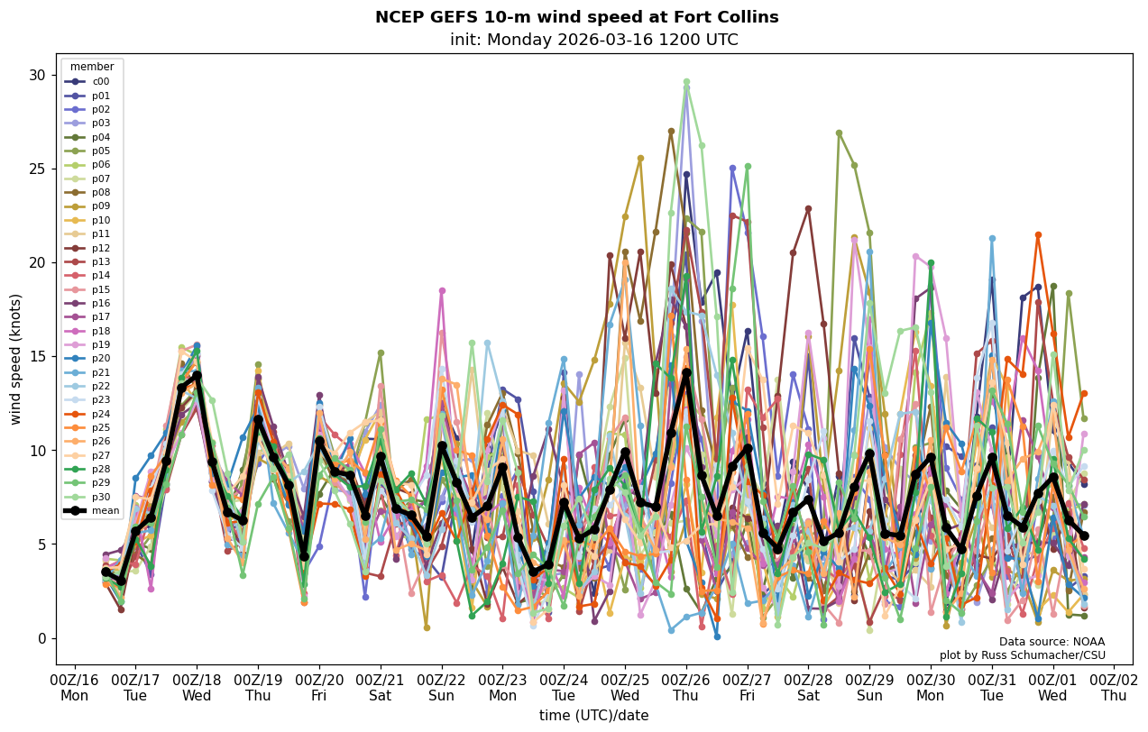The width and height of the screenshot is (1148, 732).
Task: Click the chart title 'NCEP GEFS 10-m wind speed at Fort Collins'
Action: [x=576, y=17]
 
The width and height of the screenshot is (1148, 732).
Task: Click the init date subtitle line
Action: [x=593, y=40]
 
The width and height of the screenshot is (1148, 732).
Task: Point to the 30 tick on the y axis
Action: [x=39, y=75]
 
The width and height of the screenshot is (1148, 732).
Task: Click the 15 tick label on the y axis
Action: [x=39, y=357]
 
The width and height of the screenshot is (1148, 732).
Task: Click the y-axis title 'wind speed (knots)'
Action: [x=16, y=358]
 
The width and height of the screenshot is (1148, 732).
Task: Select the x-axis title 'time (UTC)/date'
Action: [x=593, y=716]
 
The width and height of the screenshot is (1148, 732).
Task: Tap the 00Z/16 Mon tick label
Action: [x=75, y=688]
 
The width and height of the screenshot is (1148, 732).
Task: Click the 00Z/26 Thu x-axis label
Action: [x=686, y=688]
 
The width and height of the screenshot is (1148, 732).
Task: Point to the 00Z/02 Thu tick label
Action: [x=1114, y=688]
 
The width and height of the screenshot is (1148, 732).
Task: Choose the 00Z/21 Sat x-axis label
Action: [x=381, y=688]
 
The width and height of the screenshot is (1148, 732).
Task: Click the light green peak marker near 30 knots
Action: [x=686, y=82]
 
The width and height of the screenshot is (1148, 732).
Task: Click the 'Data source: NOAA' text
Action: [x=1052, y=642]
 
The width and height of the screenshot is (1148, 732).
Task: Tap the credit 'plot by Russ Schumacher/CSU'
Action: [x=1022, y=655]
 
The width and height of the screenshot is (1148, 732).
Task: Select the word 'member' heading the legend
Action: [x=92, y=67]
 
